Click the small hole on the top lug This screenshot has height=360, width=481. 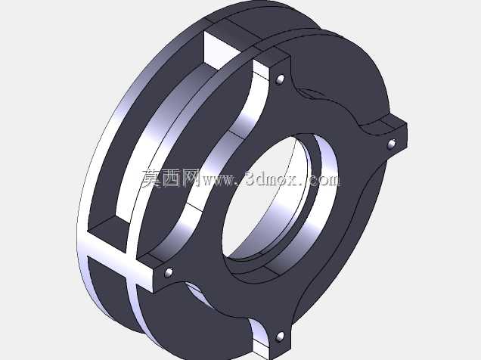click(280, 79)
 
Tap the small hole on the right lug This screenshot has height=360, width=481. click(392, 144)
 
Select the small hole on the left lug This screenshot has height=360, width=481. click(169, 272)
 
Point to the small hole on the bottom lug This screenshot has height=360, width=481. click(280, 337)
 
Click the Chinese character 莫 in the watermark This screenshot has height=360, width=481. click(152, 178)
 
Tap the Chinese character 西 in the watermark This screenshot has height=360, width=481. click(172, 178)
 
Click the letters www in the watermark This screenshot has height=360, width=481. click(217, 181)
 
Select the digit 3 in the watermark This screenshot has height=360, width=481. click(251, 178)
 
